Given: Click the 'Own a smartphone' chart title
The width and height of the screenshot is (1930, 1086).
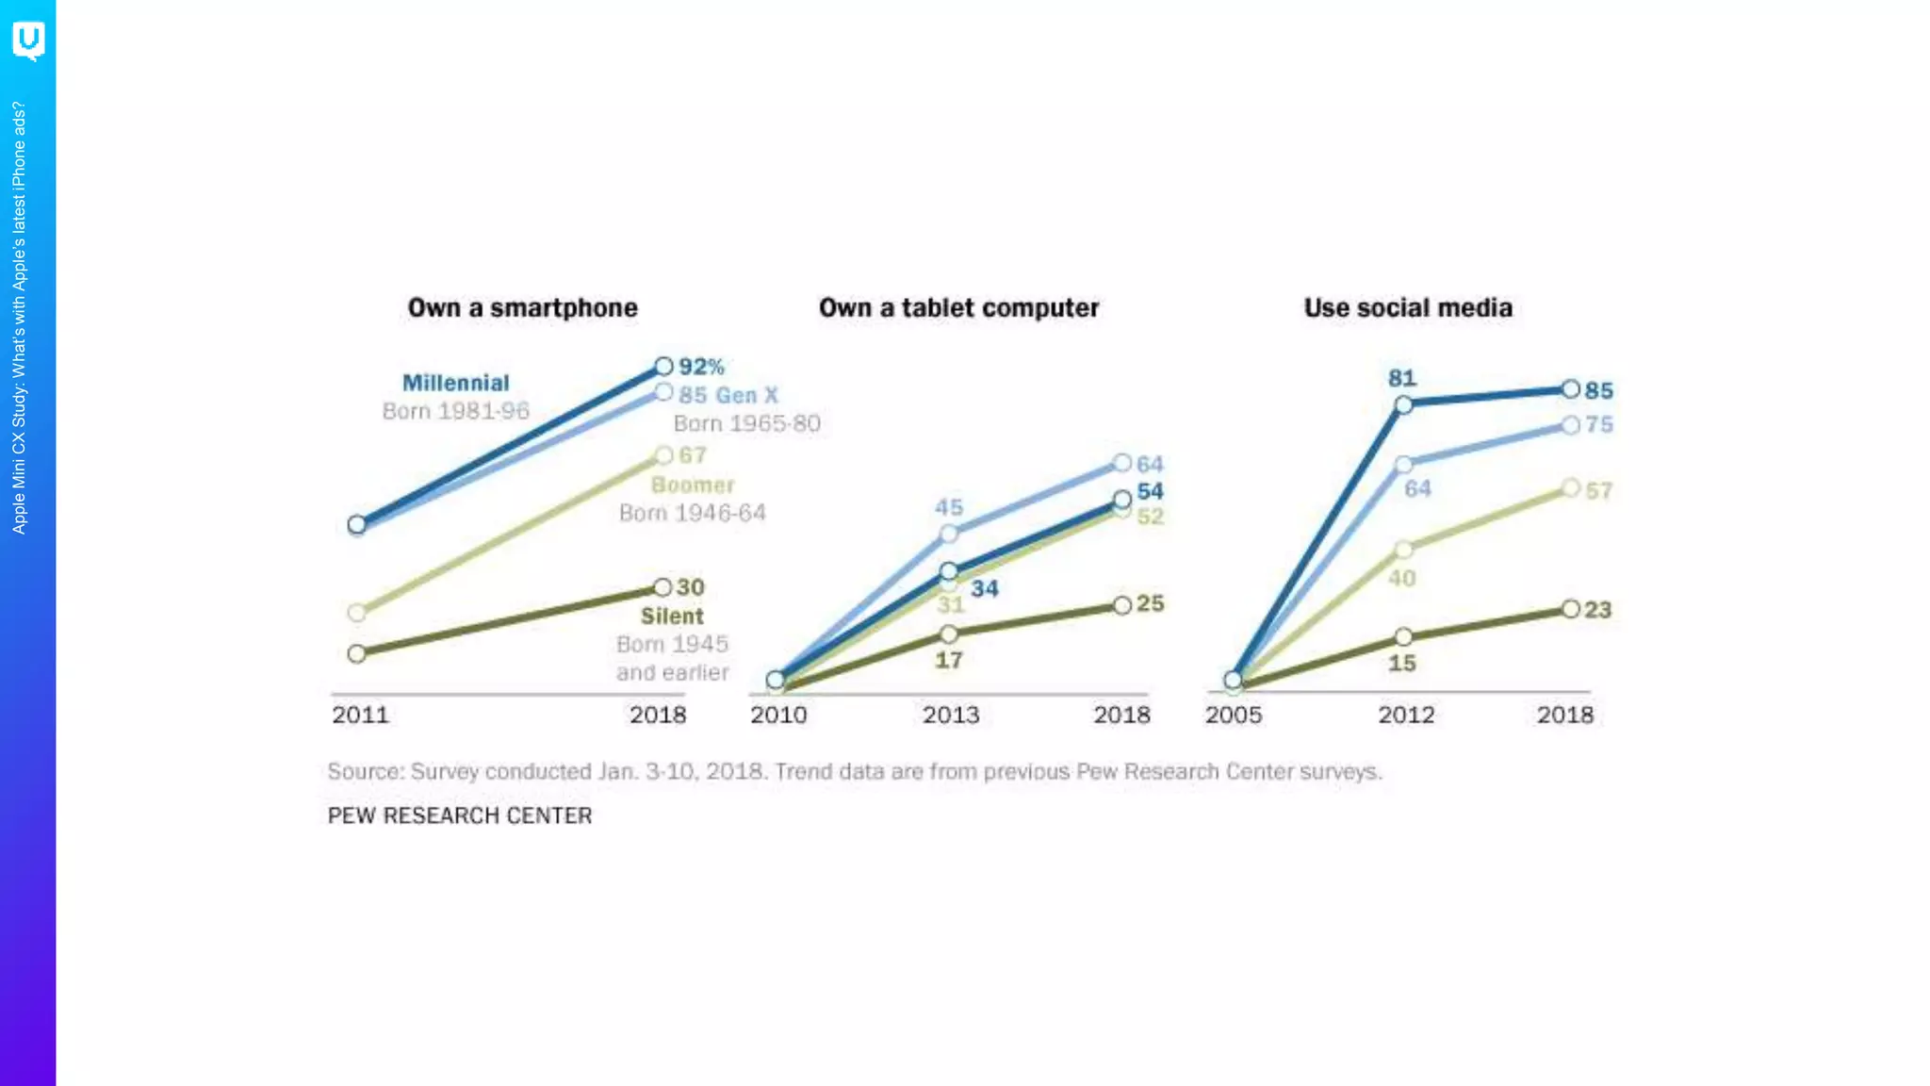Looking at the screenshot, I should (x=522, y=308).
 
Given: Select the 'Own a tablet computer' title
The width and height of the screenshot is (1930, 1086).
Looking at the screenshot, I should (x=958, y=308).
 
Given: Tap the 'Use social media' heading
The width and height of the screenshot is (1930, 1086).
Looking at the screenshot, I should (x=1408, y=308).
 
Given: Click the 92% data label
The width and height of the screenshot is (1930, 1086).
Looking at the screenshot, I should (x=701, y=367).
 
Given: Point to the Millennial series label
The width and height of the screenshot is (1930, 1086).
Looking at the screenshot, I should (x=456, y=383).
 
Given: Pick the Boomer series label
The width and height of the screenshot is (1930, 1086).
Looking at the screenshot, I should (x=693, y=485).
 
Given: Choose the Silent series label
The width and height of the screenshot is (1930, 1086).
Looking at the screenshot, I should (x=672, y=617).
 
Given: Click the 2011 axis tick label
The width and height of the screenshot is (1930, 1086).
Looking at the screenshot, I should (x=360, y=715).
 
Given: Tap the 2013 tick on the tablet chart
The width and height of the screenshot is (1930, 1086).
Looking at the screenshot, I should (x=950, y=715).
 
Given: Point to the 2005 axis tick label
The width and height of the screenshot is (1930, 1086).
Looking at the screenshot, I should (x=1233, y=715).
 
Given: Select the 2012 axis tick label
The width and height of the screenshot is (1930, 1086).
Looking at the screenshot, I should (x=1406, y=715).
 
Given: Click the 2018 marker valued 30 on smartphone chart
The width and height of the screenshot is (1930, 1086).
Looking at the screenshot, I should (x=662, y=587).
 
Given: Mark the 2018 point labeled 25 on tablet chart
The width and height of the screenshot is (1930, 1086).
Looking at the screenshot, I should (x=1121, y=605).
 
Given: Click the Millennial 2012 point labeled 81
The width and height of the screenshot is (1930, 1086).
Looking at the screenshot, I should (x=1403, y=405).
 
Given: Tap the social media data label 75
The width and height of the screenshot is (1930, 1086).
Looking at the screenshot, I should (x=1598, y=425).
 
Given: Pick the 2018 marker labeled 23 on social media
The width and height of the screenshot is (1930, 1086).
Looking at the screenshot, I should (x=1570, y=609).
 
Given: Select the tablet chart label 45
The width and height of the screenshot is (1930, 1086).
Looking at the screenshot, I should (x=949, y=508).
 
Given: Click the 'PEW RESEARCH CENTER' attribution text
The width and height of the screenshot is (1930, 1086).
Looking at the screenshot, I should (x=460, y=816).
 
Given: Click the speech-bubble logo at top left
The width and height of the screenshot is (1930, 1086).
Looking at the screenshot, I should (x=28, y=41).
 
